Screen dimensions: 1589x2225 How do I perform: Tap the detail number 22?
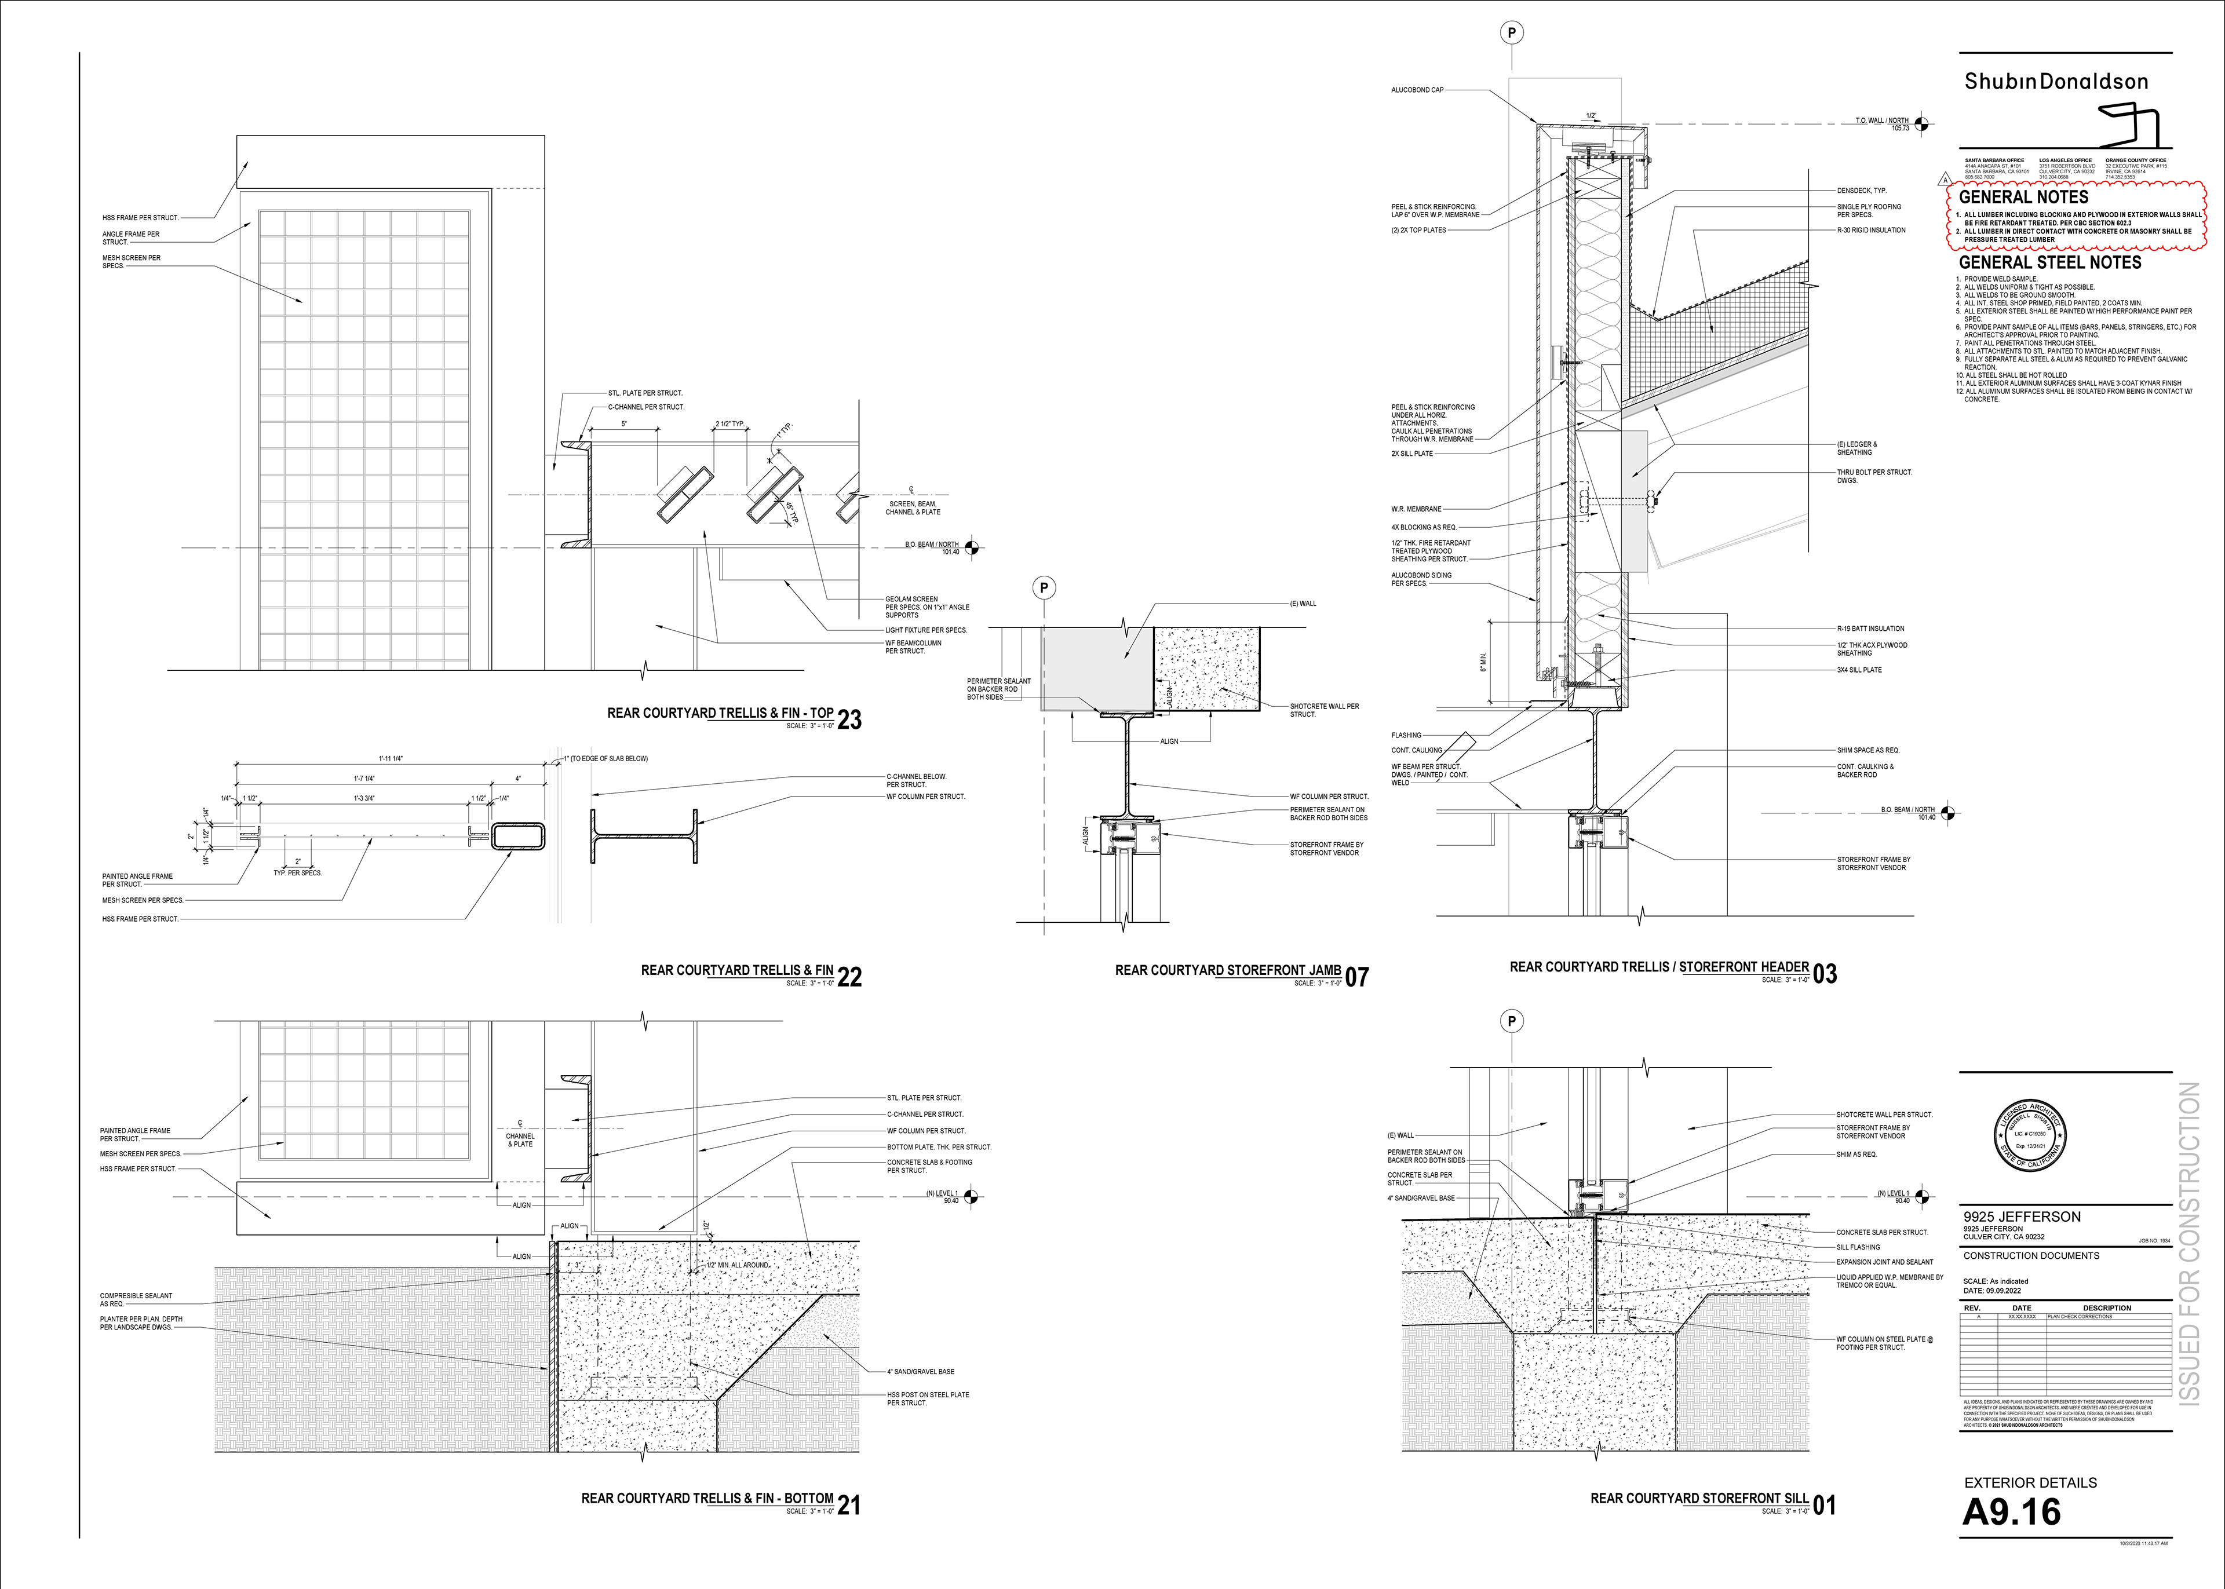click(849, 977)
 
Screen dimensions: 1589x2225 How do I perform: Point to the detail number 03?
click(1825, 974)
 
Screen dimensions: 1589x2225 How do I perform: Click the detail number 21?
click(849, 1505)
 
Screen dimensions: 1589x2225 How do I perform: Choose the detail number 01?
click(1825, 1505)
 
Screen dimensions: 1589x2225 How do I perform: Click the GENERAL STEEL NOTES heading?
click(2050, 263)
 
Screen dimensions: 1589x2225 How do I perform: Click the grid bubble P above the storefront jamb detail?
click(1044, 588)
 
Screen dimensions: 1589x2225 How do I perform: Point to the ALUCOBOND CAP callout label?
click(1417, 90)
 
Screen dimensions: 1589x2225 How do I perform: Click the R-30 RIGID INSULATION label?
click(1871, 230)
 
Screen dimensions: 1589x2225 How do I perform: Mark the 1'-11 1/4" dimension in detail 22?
click(391, 758)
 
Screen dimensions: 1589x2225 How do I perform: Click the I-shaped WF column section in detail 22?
click(644, 836)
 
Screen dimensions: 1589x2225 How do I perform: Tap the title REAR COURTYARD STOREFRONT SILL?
click(1699, 1498)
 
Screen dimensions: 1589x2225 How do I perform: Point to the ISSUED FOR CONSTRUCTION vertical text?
click(2189, 1243)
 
